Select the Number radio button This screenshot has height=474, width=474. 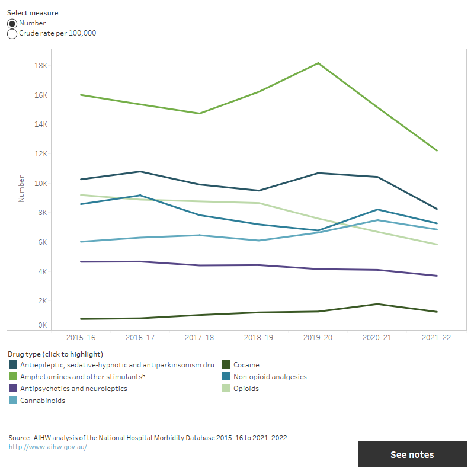12,23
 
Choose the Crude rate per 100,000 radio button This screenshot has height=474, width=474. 12,34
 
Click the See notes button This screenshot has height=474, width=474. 412,454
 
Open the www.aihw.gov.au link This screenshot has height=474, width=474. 47,447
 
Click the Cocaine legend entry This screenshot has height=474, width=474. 246,365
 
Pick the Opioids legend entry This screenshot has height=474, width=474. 246,389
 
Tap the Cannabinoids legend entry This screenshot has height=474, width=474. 42,401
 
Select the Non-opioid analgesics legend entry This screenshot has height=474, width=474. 270,377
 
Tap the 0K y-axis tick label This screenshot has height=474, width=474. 42,325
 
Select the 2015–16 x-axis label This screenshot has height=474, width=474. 81,337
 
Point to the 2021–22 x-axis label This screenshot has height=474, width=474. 437,337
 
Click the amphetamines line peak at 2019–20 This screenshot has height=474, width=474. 318,63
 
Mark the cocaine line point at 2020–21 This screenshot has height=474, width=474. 377,304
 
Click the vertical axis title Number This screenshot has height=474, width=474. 21,188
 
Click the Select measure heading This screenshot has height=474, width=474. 33,12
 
